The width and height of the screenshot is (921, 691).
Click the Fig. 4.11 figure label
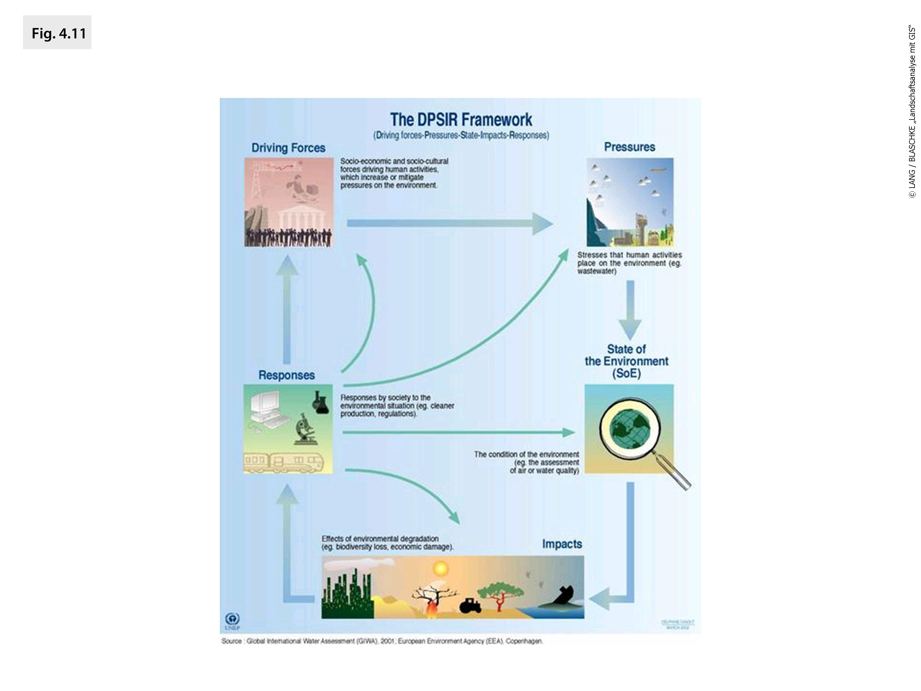pyautogui.click(x=58, y=33)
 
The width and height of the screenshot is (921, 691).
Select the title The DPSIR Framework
pyautogui.click(x=461, y=120)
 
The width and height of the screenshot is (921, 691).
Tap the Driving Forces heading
pyautogui.click(x=288, y=148)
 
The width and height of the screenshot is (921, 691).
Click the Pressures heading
pyautogui.click(x=629, y=147)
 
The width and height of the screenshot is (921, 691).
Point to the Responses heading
pyautogui.click(x=286, y=375)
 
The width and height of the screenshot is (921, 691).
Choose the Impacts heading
pyautogui.click(x=562, y=544)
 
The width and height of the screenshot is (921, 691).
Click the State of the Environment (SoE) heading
pyautogui.click(x=626, y=361)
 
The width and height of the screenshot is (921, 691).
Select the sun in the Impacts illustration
pyautogui.click(x=440, y=568)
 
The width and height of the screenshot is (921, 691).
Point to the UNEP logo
pyautogui.click(x=232, y=620)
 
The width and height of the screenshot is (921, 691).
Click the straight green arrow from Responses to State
pyautogui.click(x=458, y=432)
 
